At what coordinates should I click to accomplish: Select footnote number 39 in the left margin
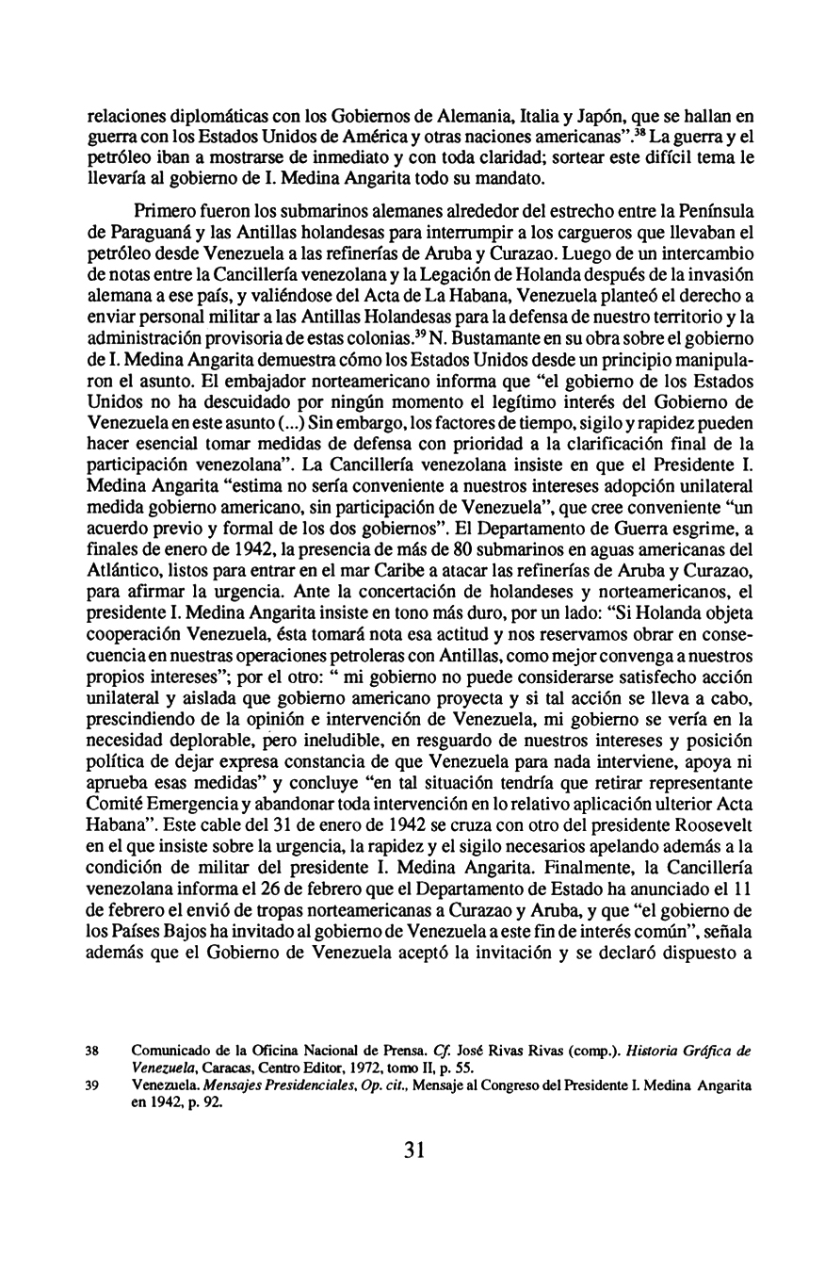point(92,1085)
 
